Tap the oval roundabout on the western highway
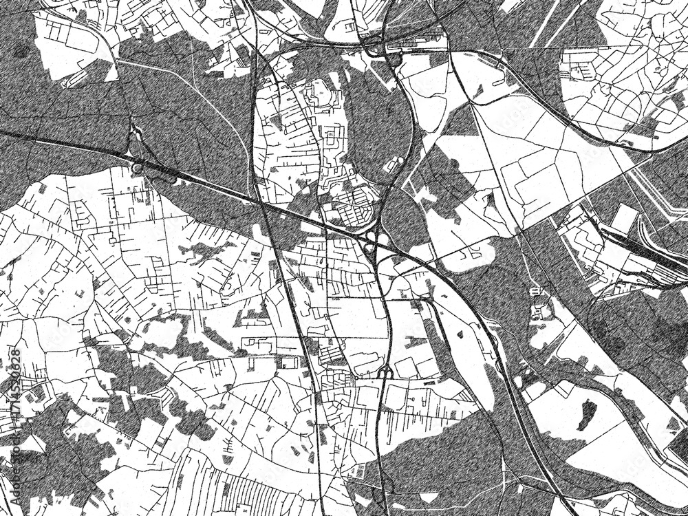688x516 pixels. [x=137, y=168]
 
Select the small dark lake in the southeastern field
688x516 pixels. [x=588, y=411]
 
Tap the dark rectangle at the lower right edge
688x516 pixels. [x=678, y=451]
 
